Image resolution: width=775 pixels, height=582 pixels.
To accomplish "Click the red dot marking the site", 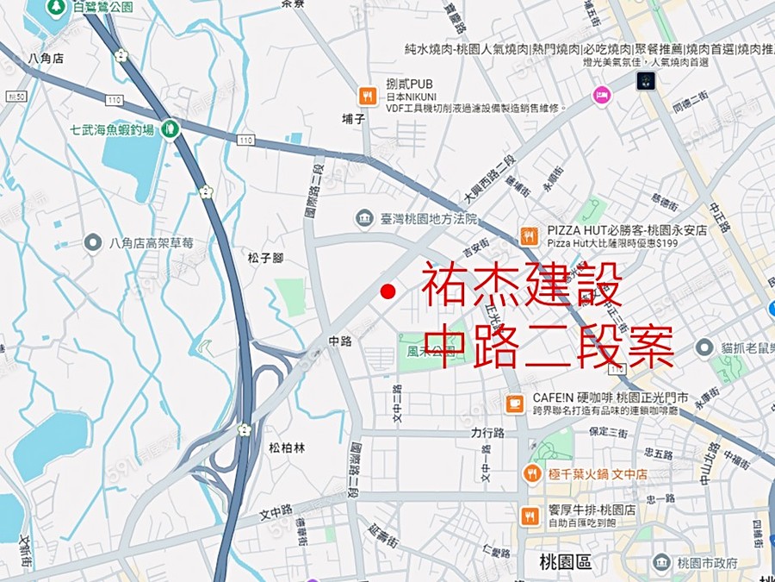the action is click(x=387, y=291).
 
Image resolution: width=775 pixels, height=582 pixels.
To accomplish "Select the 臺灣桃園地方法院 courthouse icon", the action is click(x=365, y=218).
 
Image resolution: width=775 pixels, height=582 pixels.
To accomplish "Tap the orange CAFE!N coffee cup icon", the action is click(x=515, y=403).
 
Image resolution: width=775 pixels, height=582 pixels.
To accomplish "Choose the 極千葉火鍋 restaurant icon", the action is click(x=531, y=473).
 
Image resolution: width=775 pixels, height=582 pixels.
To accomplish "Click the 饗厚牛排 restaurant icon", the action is click(x=530, y=515).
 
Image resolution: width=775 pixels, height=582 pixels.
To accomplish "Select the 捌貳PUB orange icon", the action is click(x=368, y=96).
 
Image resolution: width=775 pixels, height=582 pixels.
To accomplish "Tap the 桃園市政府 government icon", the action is click(x=661, y=563).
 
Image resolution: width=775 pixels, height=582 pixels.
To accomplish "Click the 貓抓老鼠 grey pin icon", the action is click(x=704, y=347).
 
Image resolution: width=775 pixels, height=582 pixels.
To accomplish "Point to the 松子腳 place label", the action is click(x=265, y=258).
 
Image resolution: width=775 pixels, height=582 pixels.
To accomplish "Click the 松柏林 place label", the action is click(x=287, y=447).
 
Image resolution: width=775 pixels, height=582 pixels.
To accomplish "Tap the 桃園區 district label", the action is click(x=566, y=562).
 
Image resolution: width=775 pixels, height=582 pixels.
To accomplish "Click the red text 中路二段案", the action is click(x=549, y=347).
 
